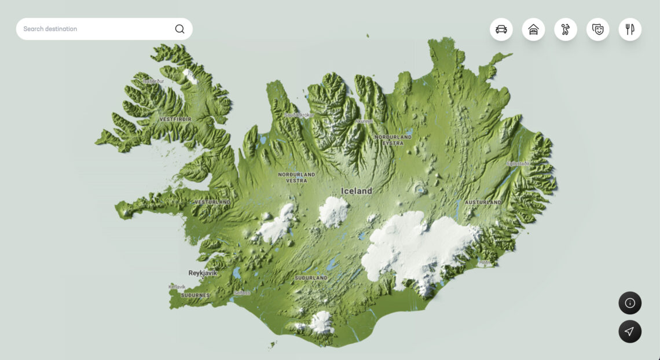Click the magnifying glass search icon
click(179, 29)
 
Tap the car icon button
click(501, 30)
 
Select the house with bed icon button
click(533, 30)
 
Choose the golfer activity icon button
click(566, 30)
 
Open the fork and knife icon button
click(630, 30)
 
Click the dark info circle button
click(630, 303)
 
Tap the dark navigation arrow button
click(630, 332)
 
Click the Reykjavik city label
click(203, 273)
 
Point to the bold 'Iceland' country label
click(357, 191)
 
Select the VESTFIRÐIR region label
click(175, 119)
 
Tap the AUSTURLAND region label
click(483, 203)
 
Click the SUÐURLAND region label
click(311, 278)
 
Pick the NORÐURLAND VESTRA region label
click(296, 177)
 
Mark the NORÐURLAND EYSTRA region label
click(393, 140)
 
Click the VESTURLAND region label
click(212, 202)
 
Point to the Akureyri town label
click(364, 121)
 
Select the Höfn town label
click(485, 263)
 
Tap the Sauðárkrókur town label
click(299, 115)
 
